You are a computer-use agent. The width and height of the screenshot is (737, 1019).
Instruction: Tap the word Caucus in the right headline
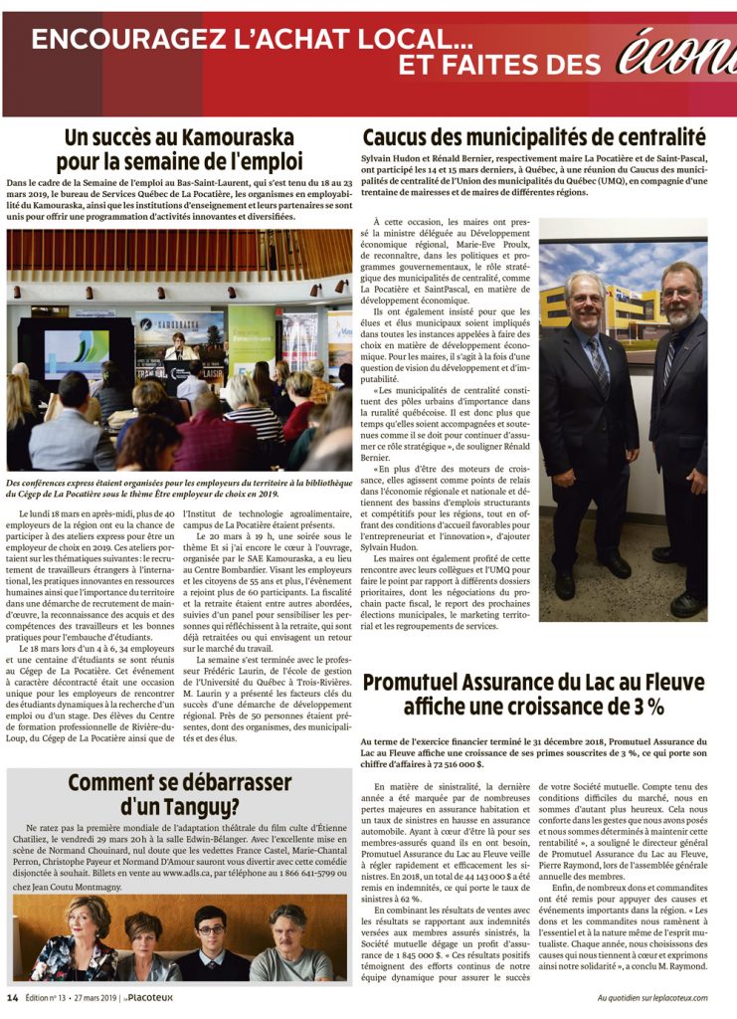tap(404, 137)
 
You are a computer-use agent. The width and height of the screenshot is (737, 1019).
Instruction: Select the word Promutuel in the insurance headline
tap(426, 683)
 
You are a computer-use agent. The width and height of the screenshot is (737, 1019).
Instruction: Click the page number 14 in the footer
tap(13, 998)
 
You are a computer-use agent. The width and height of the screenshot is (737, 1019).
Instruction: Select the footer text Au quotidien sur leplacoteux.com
tap(652, 998)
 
